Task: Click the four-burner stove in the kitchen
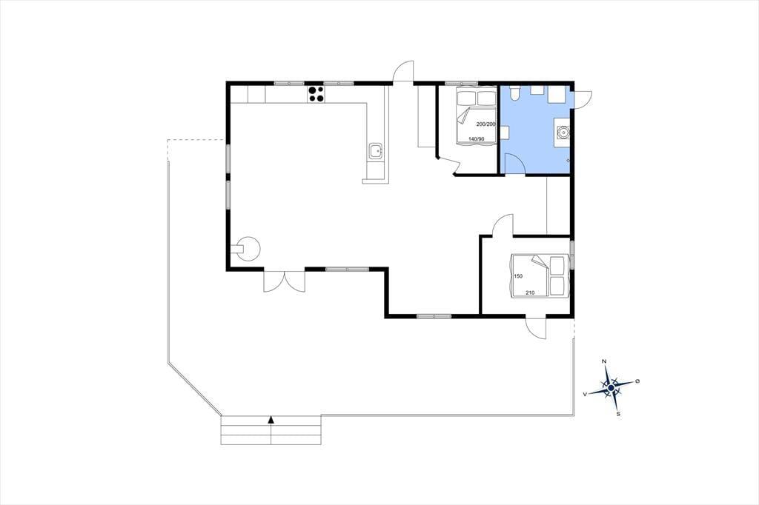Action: [x=316, y=93]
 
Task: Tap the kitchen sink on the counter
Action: [x=376, y=152]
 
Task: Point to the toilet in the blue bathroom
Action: [x=514, y=93]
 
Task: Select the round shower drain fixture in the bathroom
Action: [x=563, y=131]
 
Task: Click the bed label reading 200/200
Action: [x=486, y=124]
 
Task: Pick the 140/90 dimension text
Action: [x=477, y=139]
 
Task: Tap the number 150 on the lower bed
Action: [x=518, y=276]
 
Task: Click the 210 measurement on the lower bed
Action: [x=530, y=292]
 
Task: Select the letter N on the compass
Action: [x=604, y=361]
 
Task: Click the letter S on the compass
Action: [x=618, y=414]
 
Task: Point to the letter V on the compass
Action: [x=586, y=395]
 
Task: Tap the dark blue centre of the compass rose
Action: [x=611, y=387]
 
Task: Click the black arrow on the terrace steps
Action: [x=271, y=419]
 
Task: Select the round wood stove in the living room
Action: [x=249, y=249]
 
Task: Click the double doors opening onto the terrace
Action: [x=284, y=281]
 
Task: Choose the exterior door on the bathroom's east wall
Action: [x=582, y=99]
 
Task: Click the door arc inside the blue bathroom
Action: [x=514, y=162]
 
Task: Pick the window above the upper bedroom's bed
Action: [x=461, y=83]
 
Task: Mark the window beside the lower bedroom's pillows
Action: [x=571, y=255]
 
